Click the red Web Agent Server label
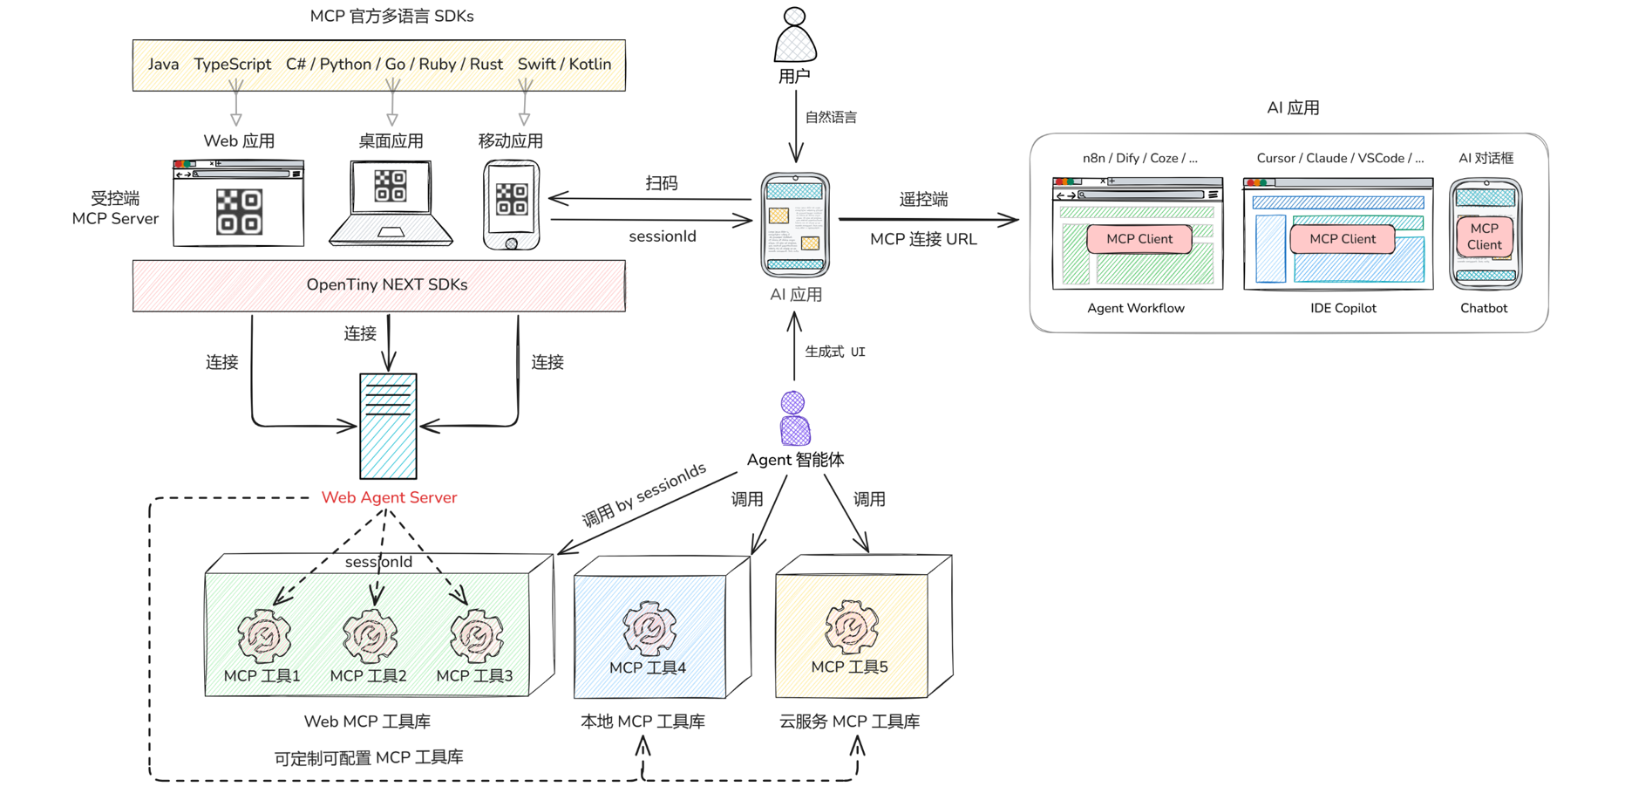(389, 497)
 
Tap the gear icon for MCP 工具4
(649, 627)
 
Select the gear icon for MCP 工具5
(851, 626)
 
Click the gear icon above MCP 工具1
(264, 635)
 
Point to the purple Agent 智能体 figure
(794, 419)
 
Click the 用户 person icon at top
(795, 36)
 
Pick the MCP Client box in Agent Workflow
(1139, 239)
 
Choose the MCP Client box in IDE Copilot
(1342, 239)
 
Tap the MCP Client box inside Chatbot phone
(1484, 236)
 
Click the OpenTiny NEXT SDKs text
(387, 285)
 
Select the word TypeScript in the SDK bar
(232, 65)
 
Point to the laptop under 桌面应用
(391, 202)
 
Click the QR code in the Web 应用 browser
(239, 212)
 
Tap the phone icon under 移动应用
(512, 205)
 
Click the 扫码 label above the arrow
(662, 183)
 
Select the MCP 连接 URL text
(923, 239)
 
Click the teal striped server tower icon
(388, 426)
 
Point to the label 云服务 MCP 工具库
(849, 722)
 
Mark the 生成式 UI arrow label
(834, 352)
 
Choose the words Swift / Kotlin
(564, 65)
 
